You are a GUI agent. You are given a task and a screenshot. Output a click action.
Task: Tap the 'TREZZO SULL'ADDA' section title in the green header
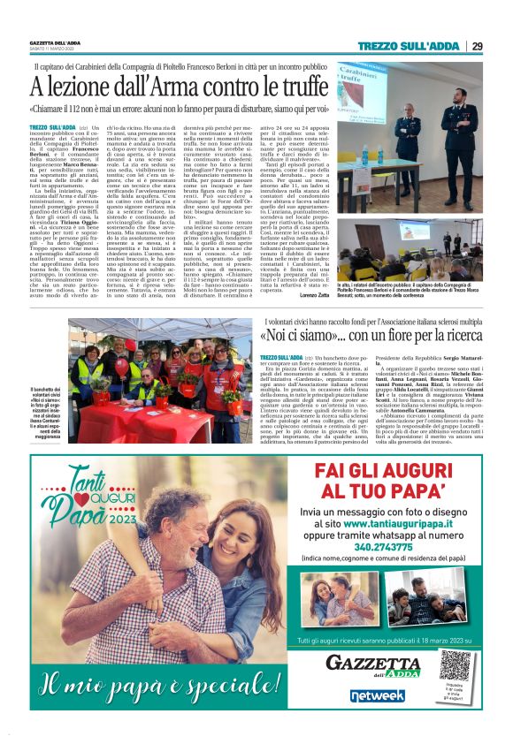tap(410, 46)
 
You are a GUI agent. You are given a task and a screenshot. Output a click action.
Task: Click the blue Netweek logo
tap(378, 696)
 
